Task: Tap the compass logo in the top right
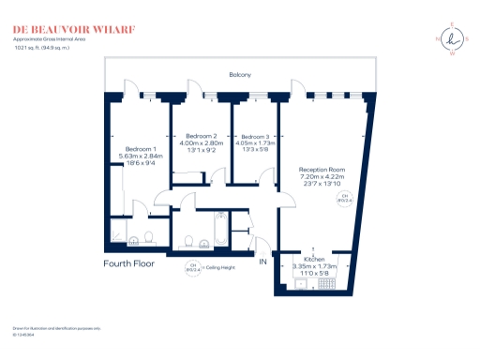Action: tap(453, 38)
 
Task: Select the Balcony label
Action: tap(240, 74)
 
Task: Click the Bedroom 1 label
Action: tap(142, 149)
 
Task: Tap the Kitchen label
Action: tap(314, 258)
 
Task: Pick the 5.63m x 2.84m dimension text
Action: tap(143, 157)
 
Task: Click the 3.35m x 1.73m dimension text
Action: tap(314, 265)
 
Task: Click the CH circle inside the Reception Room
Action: tap(344, 196)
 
